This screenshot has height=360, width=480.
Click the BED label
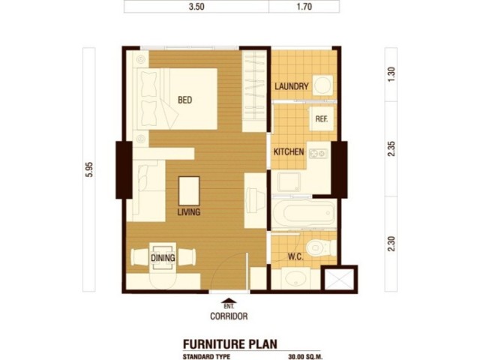coord(185,100)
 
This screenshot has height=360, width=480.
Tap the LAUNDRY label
coord(292,86)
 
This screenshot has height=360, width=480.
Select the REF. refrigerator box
coord(322,118)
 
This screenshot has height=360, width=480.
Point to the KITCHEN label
coord(289,151)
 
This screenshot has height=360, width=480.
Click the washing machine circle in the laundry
coord(323,85)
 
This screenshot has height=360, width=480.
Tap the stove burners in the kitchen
coord(319,153)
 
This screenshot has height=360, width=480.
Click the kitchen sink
coord(289,181)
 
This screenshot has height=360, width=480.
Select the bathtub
coord(303,213)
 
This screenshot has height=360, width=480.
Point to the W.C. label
coord(295,256)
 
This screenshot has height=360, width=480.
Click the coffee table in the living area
coord(189,191)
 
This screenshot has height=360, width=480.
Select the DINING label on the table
coord(163,258)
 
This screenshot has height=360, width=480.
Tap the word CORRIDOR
coord(229,316)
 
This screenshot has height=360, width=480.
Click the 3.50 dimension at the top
coord(196,7)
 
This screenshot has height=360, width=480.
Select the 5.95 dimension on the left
coord(89,169)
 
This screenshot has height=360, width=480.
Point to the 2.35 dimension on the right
coord(391,148)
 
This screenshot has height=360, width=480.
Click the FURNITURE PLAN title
coord(230,343)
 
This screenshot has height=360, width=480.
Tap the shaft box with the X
coord(339,278)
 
